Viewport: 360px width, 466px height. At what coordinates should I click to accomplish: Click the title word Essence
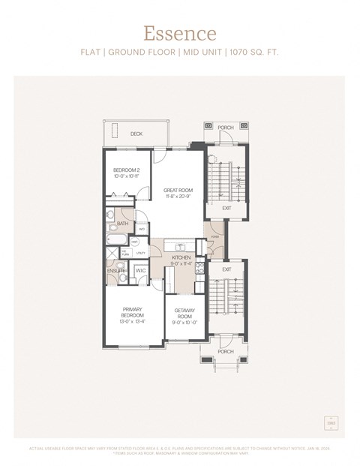click(x=180, y=33)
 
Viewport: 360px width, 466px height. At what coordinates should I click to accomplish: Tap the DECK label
click(x=136, y=134)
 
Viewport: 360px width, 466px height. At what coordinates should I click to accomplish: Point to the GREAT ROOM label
click(x=178, y=191)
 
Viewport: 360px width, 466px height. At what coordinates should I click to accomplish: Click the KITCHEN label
click(x=181, y=257)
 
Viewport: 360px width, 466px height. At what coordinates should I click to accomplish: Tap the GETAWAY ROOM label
click(x=184, y=312)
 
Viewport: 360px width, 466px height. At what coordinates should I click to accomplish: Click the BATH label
click(x=122, y=223)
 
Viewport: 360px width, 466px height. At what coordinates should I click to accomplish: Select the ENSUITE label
click(x=115, y=270)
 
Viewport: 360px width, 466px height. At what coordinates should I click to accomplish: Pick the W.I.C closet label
click(x=140, y=271)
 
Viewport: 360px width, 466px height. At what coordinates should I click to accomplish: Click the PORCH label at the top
click(x=226, y=128)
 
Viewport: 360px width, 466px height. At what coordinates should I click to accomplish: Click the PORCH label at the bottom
click(x=225, y=351)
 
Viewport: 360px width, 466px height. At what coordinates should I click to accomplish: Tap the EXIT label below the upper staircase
click(x=226, y=208)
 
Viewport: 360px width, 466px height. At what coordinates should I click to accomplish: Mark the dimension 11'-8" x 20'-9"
click(x=178, y=196)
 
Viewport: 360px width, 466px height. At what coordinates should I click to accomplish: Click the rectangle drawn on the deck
click(x=115, y=130)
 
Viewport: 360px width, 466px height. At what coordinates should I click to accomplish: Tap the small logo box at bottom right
click(x=331, y=424)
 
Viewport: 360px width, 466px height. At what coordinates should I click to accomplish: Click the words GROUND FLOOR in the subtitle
click(x=145, y=53)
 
